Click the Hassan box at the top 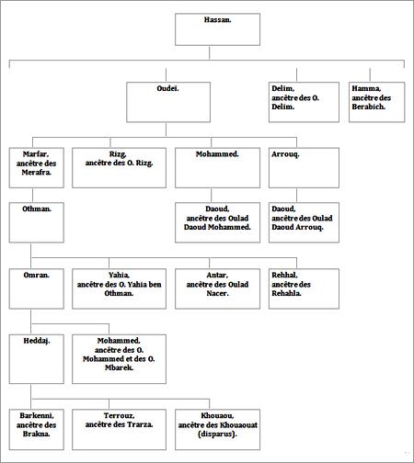pos(217,29)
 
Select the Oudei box pos(168,102)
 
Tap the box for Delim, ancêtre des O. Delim pos(304,102)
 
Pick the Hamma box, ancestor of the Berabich pos(376,102)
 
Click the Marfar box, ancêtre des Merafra pos(37,168)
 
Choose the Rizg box pos(119,168)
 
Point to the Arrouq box pos(304,168)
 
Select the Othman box pos(37,222)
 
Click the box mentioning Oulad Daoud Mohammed pos(217,222)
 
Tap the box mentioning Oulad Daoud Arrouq pos(304,222)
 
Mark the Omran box pos(37,288)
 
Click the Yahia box pos(119,288)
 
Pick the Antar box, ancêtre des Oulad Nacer pos(217,288)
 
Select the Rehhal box pos(304,288)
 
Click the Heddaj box pos(37,359)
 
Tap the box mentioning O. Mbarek pos(119,359)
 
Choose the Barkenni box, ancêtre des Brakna pos(37,429)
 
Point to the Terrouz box pos(119,429)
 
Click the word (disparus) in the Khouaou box pos(217,435)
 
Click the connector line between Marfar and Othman pos(32,195)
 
